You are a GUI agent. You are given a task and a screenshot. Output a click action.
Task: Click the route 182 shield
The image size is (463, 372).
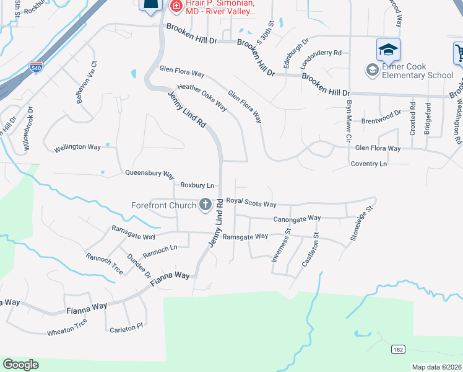[x=398, y=350]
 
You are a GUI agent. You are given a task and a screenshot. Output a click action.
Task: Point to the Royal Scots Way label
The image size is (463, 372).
[x=251, y=202]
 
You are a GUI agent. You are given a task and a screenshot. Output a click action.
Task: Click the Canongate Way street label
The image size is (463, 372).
[x=297, y=218]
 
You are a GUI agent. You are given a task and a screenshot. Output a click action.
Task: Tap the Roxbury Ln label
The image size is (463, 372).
[x=197, y=185]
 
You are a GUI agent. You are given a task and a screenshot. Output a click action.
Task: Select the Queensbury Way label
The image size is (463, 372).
[x=150, y=174]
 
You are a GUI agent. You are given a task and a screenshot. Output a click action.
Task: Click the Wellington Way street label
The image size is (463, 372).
[x=77, y=148]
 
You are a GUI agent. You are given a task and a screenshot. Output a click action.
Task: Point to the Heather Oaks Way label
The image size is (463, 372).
[x=202, y=96]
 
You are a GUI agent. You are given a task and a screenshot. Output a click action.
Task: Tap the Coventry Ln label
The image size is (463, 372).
[x=368, y=164]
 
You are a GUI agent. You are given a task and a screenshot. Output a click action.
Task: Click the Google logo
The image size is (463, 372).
[x=20, y=365]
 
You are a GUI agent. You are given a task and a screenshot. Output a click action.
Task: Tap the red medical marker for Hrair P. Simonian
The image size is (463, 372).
[x=176, y=6]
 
